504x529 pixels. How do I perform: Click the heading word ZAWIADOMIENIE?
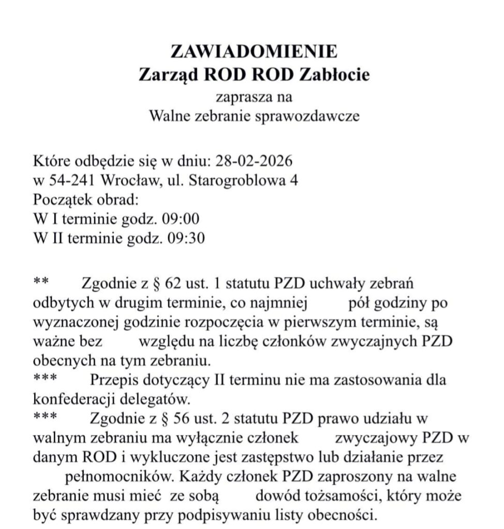254,52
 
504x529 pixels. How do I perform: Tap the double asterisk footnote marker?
40,282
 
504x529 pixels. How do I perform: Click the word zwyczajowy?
376,438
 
